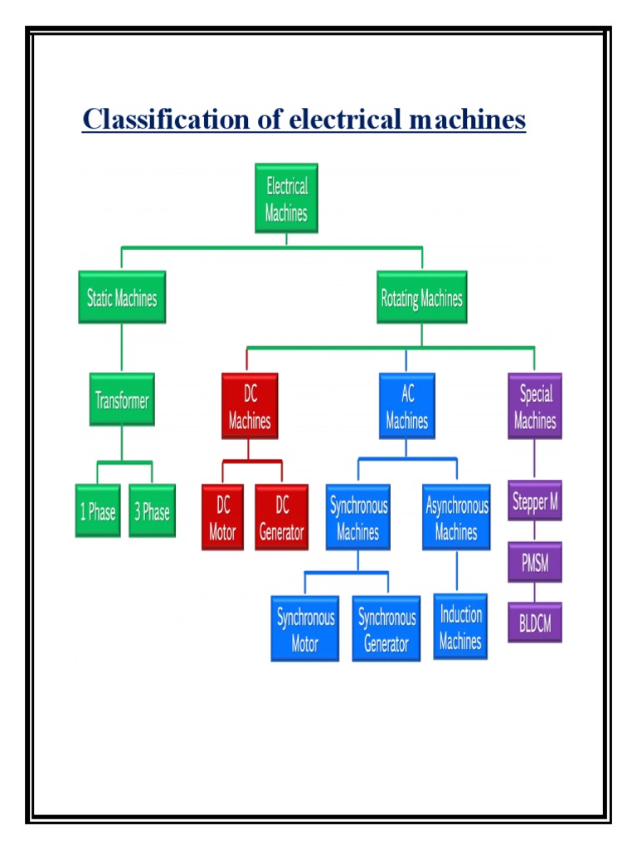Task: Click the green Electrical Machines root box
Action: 286,198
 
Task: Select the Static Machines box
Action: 122,297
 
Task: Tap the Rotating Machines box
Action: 421,297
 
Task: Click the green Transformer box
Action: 122,400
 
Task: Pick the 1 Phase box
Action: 98,511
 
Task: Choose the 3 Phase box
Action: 152,511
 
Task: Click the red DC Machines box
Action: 250,407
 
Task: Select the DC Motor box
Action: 222,518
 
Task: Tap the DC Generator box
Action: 281,518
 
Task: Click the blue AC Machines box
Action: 406,407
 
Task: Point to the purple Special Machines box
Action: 535,407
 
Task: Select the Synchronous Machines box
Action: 358,518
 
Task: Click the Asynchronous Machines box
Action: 456,518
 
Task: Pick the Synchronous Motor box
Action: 305,629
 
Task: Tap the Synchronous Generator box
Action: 387,629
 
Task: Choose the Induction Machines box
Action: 460,627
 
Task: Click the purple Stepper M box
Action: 535,501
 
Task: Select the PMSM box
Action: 535,564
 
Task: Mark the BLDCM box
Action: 535,623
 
